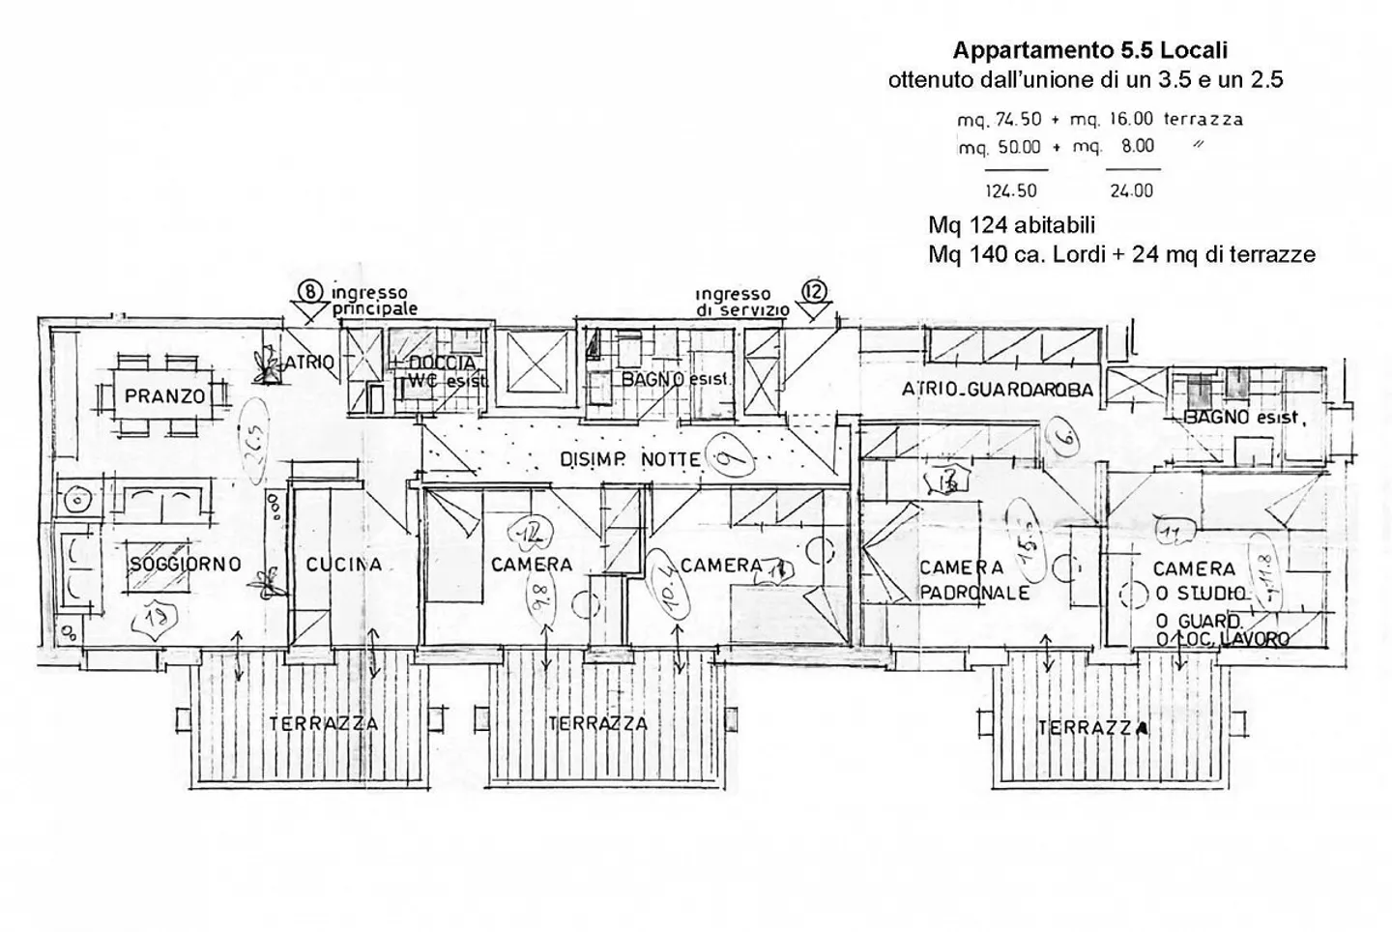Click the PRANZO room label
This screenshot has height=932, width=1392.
(164, 396)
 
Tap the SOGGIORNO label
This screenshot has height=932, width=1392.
(185, 565)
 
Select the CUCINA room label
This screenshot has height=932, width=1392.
(343, 565)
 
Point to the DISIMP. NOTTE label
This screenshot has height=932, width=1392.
(630, 461)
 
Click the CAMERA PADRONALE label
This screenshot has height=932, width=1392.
(974, 580)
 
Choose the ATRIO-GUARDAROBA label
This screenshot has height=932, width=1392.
(997, 390)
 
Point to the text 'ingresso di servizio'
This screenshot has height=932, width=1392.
(740, 302)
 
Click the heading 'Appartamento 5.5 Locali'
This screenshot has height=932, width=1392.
(1089, 49)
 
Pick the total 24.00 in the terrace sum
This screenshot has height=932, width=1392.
(1131, 191)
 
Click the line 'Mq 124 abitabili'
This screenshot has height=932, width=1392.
(1011, 225)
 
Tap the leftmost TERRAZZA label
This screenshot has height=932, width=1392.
(323, 723)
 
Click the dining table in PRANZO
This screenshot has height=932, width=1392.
(164, 396)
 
